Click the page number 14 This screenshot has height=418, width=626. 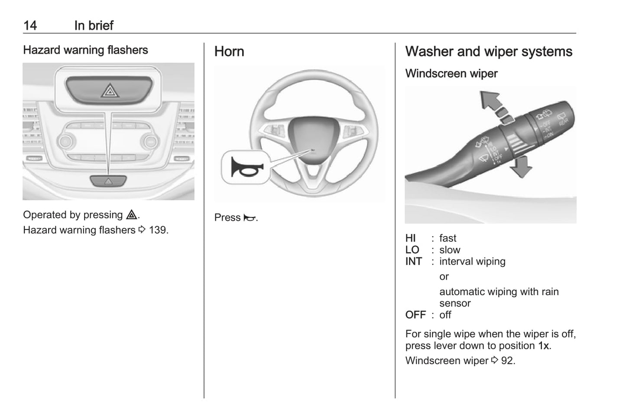click(30, 26)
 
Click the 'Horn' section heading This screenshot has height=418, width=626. click(229, 52)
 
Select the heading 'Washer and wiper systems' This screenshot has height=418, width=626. click(488, 52)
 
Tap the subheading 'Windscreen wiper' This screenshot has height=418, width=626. click(451, 74)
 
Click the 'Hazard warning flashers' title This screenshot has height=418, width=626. click(85, 50)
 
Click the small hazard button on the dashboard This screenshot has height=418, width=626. click(108, 181)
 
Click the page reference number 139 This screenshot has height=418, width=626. click(158, 230)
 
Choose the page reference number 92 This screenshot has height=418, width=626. click(507, 361)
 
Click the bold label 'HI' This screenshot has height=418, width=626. click(410, 238)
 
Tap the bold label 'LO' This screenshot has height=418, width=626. click(412, 250)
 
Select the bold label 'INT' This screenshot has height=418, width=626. click(413, 262)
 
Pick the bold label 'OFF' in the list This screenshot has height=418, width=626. click(415, 315)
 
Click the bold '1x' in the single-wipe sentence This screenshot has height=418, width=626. click(543, 346)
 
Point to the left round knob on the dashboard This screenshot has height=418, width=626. click(66, 141)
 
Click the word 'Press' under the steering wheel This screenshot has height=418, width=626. click(227, 217)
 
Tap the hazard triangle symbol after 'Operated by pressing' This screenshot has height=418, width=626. click(131, 215)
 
